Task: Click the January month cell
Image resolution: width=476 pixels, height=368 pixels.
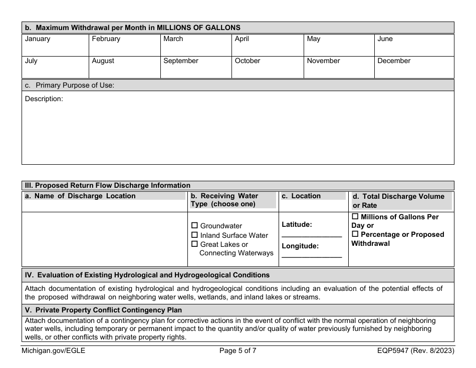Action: (55, 45)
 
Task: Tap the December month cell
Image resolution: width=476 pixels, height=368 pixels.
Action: (414, 67)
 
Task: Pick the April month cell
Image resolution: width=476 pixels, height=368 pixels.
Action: (268, 45)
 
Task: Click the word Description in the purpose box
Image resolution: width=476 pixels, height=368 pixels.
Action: (44, 99)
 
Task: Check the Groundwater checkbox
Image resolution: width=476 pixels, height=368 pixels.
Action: (195, 226)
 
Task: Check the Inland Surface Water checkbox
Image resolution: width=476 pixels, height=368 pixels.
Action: (195, 235)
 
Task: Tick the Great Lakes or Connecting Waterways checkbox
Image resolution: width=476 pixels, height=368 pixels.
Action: (195, 244)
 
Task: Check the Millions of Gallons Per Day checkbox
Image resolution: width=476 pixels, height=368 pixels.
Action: (355, 217)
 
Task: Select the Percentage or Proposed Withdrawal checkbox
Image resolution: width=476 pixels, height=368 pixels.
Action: (355, 234)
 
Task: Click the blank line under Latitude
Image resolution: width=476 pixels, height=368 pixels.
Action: (312, 235)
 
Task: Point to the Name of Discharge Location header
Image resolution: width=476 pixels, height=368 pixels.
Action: (80, 196)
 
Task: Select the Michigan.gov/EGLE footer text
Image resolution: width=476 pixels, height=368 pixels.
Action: (54, 351)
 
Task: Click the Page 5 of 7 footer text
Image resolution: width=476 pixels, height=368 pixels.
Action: (238, 351)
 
